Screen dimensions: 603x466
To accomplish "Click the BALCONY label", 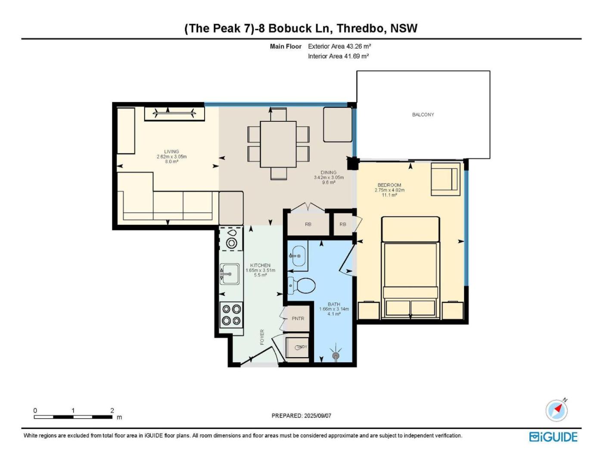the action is pyautogui.click(x=423, y=115).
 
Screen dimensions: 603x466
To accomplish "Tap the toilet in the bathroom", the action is pyautogui.click(x=301, y=286).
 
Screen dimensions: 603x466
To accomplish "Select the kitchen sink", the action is pyautogui.click(x=230, y=274).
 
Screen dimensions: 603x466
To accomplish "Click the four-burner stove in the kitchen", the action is pyautogui.click(x=231, y=315).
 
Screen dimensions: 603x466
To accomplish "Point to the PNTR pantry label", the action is pyautogui.click(x=298, y=318).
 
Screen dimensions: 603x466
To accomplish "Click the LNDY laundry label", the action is pyautogui.click(x=302, y=347).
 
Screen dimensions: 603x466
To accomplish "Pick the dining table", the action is pyautogui.click(x=278, y=144).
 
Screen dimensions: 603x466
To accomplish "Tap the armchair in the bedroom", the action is pyautogui.click(x=445, y=179).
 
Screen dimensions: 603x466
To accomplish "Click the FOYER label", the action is pyautogui.click(x=262, y=337).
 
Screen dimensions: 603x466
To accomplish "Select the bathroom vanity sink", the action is pyautogui.click(x=297, y=256).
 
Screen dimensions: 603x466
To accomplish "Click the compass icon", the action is pyautogui.click(x=556, y=410).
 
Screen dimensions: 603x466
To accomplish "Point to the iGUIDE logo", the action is pyautogui.click(x=553, y=437).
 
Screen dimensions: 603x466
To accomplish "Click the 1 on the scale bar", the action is pyautogui.click(x=73, y=410).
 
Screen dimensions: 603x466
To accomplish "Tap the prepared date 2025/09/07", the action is pyautogui.click(x=317, y=416).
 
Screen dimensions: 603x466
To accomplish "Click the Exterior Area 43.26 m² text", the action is pyautogui.click(x=339, y=47).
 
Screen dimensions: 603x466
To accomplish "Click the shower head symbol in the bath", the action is pyautogui.click(x=336, y=355).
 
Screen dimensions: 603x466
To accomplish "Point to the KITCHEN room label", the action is pyautogui.click(x=260, y=265).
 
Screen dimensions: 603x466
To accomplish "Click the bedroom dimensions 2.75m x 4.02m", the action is pyautogui.click(x=389, y=190).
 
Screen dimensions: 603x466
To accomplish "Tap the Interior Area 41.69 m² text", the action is pyautogui.click(x=338, y=56).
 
